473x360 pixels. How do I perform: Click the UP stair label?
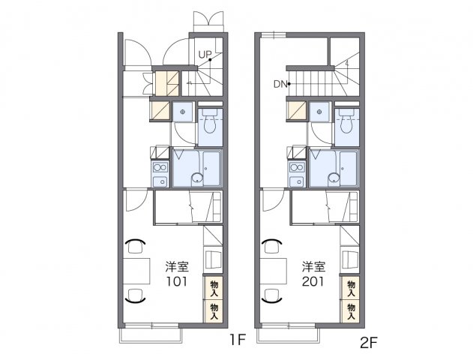(205, 55)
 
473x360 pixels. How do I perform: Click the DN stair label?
(280, 84)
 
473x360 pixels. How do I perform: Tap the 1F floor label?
(238, 340)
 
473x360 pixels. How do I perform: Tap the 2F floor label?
(369, 343)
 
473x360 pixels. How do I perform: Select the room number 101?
(177, 281)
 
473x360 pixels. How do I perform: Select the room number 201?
(313, 281)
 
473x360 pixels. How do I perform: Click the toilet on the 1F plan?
(210, 121)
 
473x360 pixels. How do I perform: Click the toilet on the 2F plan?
(347, 121)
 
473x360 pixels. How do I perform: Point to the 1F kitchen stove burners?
(160, 166)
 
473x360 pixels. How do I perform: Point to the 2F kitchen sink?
(297, 181)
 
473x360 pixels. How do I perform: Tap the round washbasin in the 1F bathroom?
(197, 178)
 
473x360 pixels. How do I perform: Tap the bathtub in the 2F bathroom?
(348, 169)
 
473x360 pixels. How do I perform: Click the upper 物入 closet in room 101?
(214, 288)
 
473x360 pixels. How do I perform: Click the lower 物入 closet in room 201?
(351, 311)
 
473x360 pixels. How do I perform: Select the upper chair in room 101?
(135, 246)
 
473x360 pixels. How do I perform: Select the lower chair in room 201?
(272, 295)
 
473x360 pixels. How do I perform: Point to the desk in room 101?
(136, 271)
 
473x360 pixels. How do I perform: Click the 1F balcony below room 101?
(151, 335)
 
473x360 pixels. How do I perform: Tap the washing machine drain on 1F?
(183, 112)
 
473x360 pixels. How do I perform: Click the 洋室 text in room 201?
(314, 267)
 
